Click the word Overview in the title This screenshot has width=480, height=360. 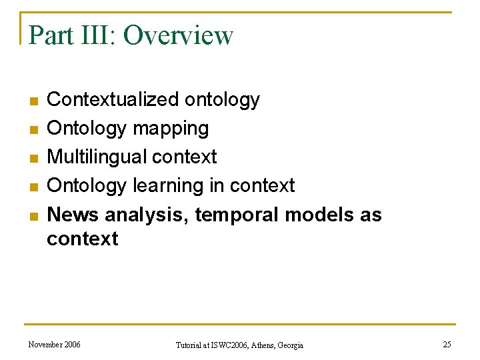pyautogui.click(x=178, y=35)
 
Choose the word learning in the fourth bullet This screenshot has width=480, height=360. pyautogui.click(x=170, y=185)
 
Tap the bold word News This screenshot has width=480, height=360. pyautogui.click(x=73, y=215)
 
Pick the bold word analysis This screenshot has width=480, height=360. pyautogui.click(x=141, y=215)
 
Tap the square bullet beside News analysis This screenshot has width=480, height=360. pyautogui.click(x=31, y=216)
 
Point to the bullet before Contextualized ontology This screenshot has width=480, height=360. pyautogui.click(x=31, y=101)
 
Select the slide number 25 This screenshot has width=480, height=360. pyautogui.click(x=446, y=345)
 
